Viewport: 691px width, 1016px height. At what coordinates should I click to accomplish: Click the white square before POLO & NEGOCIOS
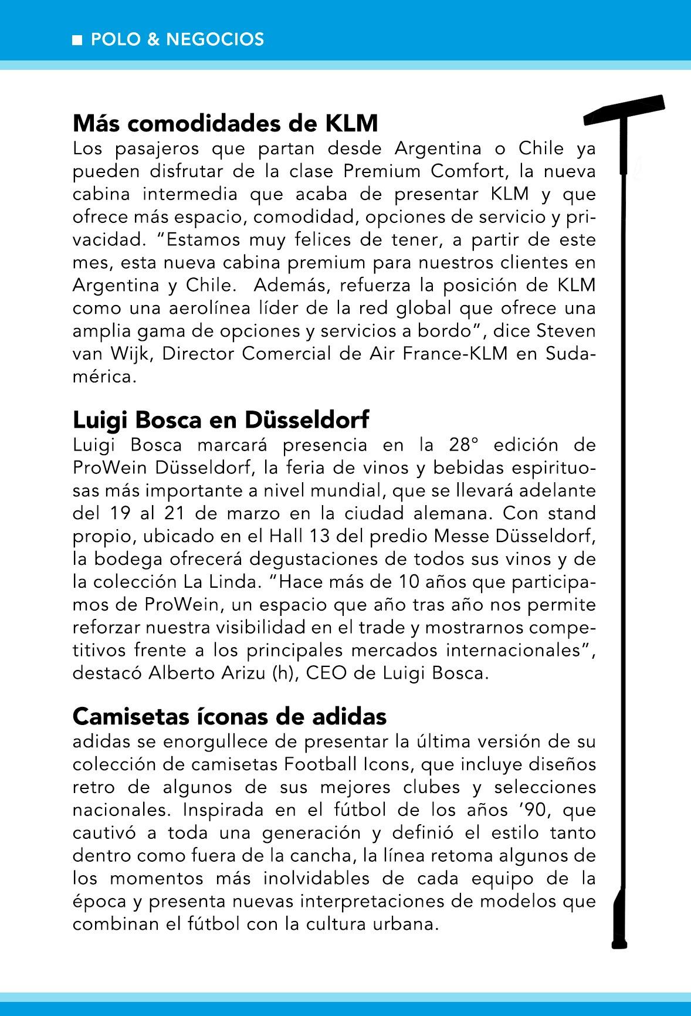click(x=77, y=40)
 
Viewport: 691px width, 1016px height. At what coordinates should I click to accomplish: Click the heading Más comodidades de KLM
click(x=225, y=124)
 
